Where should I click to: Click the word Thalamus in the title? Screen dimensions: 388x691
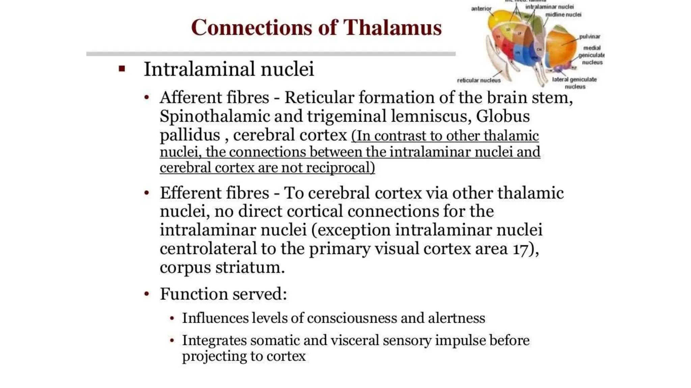(392, 28)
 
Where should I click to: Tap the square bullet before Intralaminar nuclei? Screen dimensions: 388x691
(122, 69)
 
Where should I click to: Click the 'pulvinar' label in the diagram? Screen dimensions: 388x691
(589, 36)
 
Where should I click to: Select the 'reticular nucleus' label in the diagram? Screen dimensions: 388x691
(478, 80)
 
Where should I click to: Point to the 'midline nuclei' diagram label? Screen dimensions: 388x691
(563, 15)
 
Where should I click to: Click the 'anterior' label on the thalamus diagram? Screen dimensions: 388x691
(481, 8)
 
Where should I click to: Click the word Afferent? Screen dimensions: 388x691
(214, 98)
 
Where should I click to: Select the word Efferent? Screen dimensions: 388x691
(214, 193)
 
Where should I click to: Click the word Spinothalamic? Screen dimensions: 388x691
(215, 117)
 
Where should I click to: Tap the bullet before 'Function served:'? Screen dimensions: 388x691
(146, 294)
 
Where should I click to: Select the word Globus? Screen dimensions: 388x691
(503, 117)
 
